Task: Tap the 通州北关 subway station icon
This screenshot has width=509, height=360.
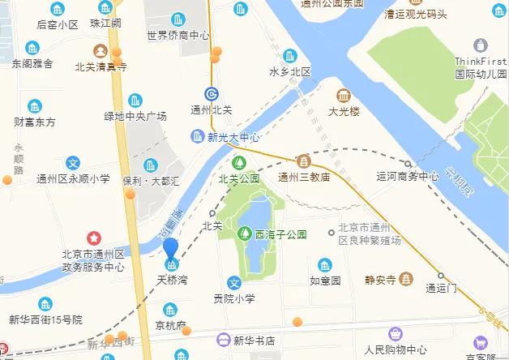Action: (x=210, y=93)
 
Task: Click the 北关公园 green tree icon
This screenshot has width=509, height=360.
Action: (x=237, y=162)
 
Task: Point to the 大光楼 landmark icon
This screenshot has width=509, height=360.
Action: (x=344, y=94)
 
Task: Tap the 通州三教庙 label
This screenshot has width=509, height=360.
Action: (x=303, y=177)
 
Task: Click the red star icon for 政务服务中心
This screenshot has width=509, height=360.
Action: (x=94, y=238)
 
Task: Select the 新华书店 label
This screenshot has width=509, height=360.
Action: (x=254, y=341)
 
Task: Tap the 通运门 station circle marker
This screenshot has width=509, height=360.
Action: (x=440, y=274)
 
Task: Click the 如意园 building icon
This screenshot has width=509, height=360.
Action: (x=324, y=265)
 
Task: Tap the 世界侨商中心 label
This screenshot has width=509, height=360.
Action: (x=178, y=35)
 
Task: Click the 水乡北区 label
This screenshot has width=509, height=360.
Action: (x=290, y=71)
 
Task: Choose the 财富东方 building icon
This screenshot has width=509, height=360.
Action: (x=35, y=105)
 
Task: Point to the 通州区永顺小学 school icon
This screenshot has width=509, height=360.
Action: (x=73, y=163)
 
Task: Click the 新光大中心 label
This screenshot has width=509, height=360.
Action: (x=233, y=137)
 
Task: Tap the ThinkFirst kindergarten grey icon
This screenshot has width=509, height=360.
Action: (x=481, y=45)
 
